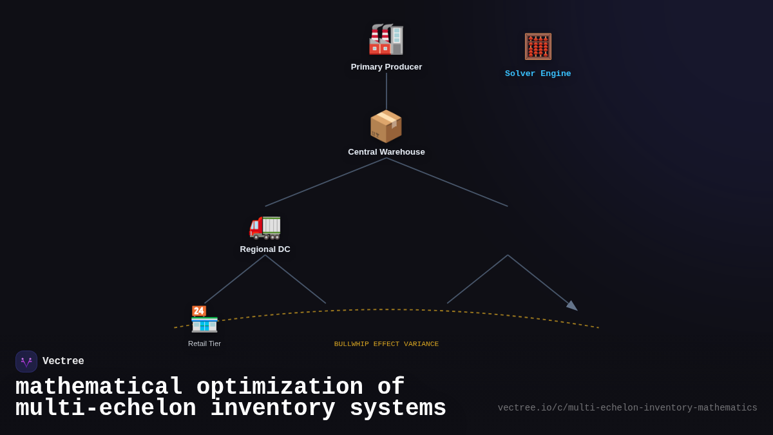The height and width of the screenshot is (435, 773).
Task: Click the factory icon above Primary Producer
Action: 386,39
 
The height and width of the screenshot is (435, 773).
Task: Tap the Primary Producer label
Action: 386,67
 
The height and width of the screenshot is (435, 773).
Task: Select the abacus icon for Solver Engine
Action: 538,46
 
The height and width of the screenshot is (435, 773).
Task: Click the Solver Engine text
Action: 538,74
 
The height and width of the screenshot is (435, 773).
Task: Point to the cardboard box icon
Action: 386,126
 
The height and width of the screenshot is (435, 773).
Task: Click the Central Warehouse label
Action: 386,152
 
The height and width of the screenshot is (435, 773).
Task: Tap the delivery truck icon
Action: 265,226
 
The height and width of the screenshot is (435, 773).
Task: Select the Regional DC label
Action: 265,249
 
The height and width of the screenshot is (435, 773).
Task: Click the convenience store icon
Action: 204,319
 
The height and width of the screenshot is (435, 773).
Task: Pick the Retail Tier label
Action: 204,343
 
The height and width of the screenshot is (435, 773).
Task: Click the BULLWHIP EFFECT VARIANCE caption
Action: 386,344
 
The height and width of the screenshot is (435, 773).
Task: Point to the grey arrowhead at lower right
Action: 572,305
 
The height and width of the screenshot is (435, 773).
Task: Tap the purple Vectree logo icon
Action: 26,362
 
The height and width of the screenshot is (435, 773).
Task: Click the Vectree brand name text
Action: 63,362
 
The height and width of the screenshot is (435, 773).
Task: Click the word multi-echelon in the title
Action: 106,409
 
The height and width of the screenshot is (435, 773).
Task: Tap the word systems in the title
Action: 397,409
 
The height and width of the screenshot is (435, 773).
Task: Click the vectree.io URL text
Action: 627,408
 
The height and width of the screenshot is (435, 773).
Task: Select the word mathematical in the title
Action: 99,387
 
